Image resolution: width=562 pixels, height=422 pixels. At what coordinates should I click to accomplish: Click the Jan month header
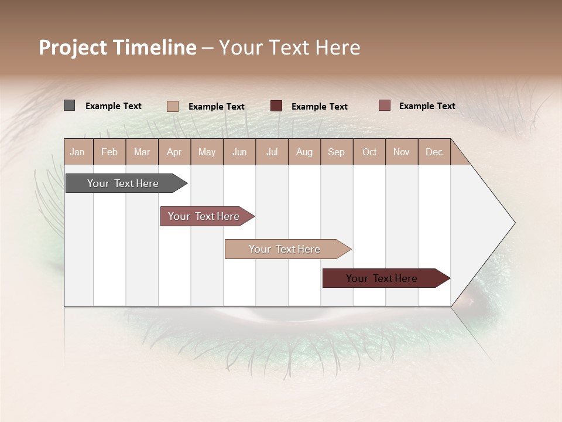pos(78,152)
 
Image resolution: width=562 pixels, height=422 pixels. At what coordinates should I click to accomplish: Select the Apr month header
pos(174,152)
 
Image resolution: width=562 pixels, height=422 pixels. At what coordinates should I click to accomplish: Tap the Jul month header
pos(272,152)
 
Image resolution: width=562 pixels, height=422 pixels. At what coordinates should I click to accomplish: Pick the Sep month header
pos(337,152)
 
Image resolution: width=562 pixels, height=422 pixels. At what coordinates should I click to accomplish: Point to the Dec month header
pos(434,152)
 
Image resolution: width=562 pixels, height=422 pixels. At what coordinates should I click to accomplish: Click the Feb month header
pos(109,152)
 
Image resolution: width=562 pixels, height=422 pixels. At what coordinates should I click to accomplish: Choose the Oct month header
pos(369,152)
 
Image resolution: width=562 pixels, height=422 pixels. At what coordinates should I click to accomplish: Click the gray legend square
pos(69,105)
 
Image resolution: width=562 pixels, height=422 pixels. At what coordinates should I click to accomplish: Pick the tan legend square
pos(172,106)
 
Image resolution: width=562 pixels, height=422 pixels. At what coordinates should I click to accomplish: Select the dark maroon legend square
pos(276,105)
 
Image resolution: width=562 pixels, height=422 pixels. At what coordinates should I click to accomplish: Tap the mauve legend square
pos(384,105)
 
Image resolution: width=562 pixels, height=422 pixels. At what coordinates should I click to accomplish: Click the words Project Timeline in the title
pos(118,47)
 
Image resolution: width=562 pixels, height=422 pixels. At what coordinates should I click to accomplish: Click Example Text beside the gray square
pos(114,106)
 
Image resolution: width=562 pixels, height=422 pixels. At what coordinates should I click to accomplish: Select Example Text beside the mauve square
pos(427,106)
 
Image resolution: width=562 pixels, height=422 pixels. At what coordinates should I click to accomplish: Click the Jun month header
pos(239,152)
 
